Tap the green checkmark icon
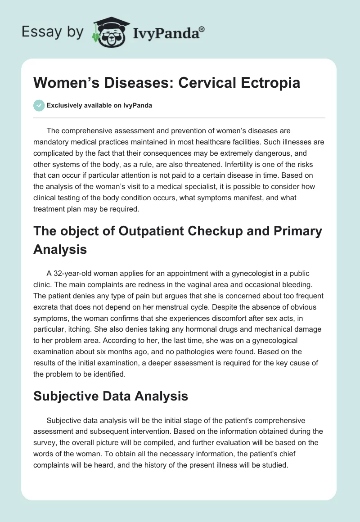coord(39,105)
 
